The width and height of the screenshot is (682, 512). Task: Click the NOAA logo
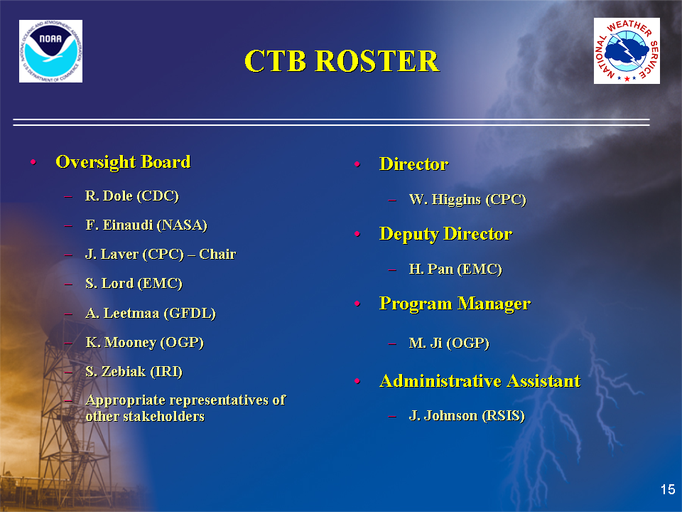coord(51,51)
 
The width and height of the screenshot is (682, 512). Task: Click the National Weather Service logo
coord(627,51)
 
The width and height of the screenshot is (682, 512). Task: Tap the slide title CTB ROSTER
coord(342,60)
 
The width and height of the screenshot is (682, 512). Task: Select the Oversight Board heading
coord(123,162)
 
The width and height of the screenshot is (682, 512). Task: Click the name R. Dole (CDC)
coord(132,196)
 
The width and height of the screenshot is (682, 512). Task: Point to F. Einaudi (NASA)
coord(146,225)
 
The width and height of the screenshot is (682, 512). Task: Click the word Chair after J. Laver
coord(217,254)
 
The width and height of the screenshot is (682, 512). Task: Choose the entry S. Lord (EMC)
coord(134,284)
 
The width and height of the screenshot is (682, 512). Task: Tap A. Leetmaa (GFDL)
coord(151,313)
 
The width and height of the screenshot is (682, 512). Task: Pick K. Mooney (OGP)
coord(144,343)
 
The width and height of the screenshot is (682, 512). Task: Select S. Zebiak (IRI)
coord(134,371)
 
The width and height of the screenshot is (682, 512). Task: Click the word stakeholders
coord(163,416)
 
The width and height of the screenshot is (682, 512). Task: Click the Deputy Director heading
coord(446,234)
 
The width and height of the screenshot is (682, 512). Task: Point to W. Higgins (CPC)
coord(467,199)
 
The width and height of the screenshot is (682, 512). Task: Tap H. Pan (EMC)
coord(455,269)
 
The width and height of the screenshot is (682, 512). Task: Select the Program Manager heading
coord(455,304)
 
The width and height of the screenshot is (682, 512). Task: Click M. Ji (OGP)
coord(449,343)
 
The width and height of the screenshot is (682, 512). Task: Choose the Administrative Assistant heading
coord(480,381)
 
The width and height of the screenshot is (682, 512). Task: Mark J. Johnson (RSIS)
coord(467,416)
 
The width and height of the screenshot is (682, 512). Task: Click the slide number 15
coord(668,489)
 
